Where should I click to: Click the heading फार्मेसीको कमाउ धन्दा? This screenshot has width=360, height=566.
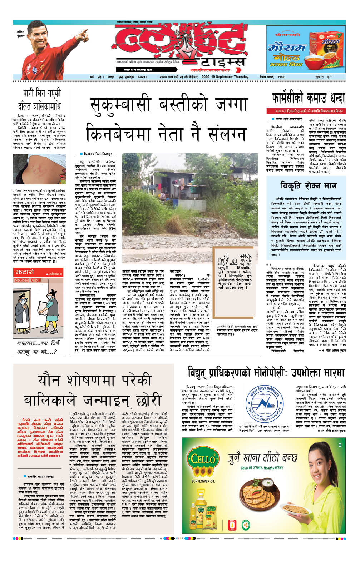tap(309, 98)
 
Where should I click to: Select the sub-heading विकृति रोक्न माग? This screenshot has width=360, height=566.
tap(309, 185)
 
